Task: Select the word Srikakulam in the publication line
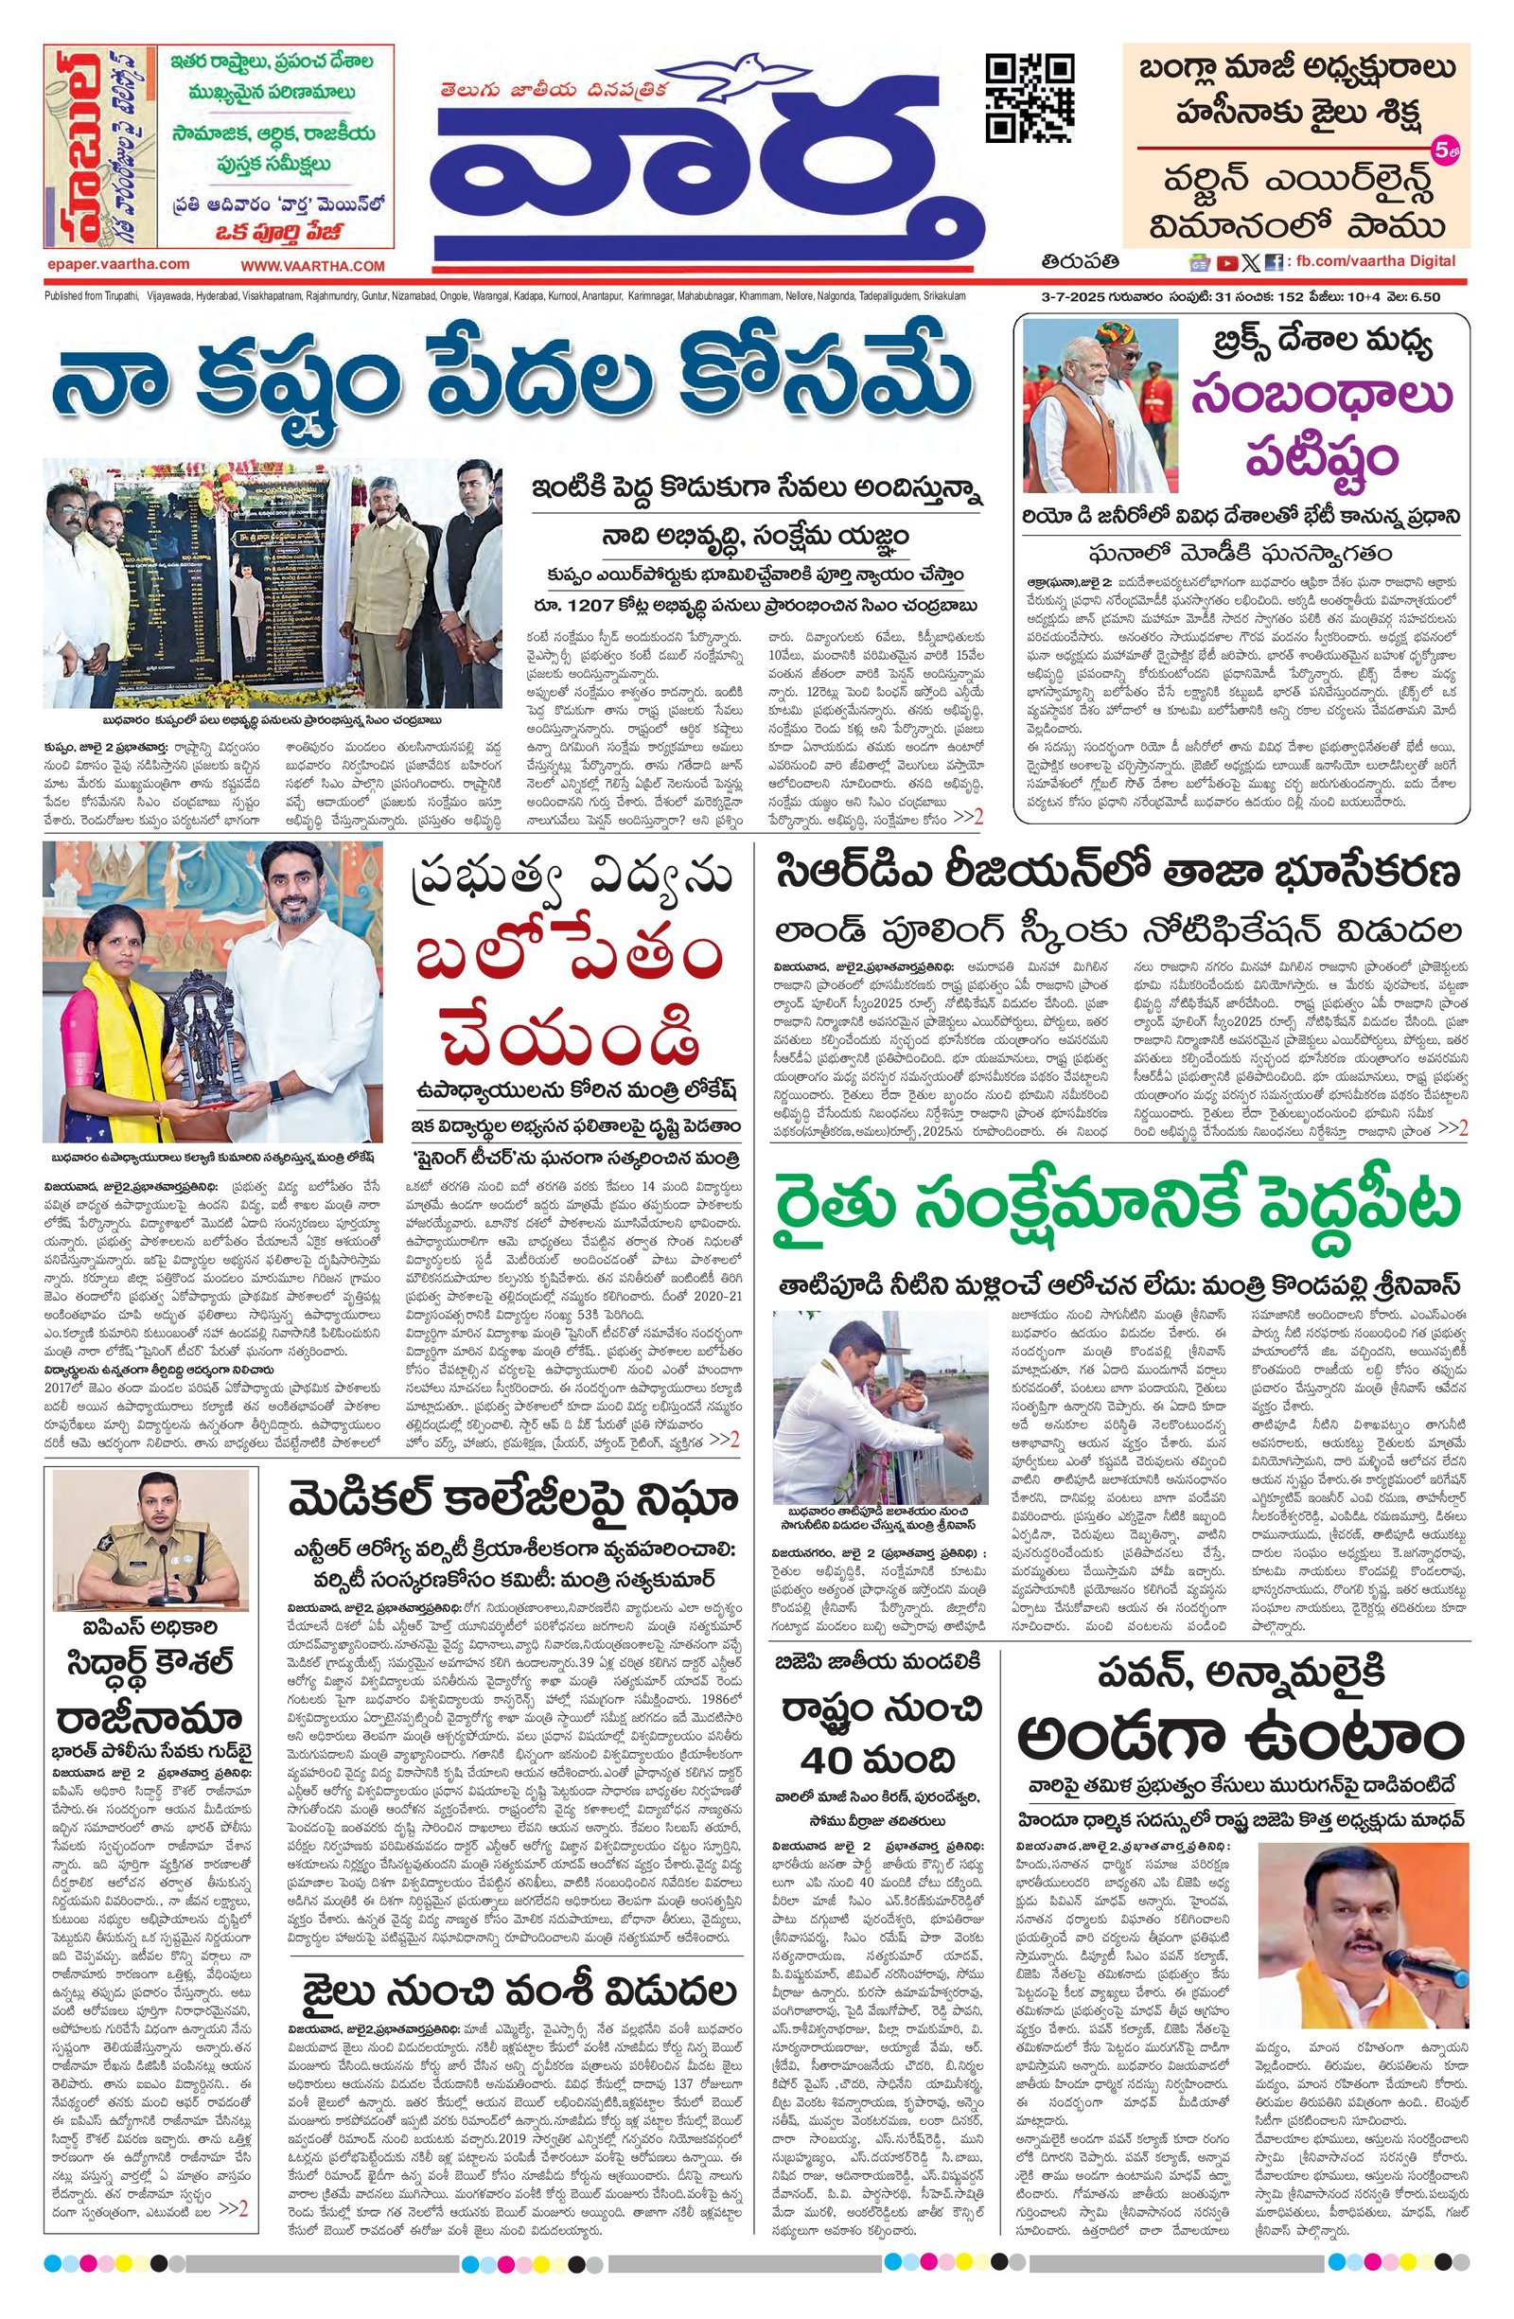pos(936,296)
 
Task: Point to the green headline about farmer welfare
pos(1118,1206)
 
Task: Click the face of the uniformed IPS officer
pos(150,1506)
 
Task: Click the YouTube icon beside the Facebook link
pos(1226,262)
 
